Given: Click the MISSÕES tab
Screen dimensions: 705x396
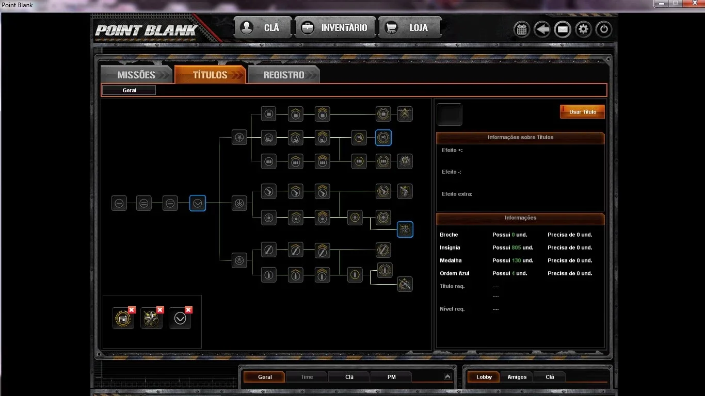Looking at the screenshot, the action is [136, 75].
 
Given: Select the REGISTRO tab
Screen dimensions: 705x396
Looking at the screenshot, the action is [284, 75].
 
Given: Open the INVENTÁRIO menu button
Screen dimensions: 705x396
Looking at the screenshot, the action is [335, 28].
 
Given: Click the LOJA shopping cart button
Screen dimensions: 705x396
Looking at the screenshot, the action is [409, 28].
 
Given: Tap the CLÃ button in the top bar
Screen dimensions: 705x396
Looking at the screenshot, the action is [263, 28].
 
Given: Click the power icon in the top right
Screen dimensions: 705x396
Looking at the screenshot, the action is [604, 29].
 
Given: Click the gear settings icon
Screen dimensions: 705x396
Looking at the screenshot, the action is [583, 29].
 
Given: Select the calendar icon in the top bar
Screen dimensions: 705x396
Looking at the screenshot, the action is [521, 29].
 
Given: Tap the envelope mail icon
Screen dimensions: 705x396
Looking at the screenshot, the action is [563, 29].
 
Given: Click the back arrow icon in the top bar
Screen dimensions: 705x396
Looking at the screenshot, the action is [542, 29].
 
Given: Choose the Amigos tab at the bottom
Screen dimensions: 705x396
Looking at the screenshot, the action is [517, 377].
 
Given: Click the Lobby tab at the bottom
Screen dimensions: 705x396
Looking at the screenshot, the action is [484, 377].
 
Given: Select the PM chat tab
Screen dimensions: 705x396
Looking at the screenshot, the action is [391, 377].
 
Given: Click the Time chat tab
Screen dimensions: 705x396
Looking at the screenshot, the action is [307, 377].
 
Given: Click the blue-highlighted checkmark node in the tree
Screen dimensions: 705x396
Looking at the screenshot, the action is [198, 203].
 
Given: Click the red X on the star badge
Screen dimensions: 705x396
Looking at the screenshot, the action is [160, 310].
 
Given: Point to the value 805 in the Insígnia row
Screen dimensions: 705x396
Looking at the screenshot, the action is [516, 247].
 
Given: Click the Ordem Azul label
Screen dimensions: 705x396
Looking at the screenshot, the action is [455, 273].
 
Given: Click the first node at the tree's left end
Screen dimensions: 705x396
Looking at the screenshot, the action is [119, 203].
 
